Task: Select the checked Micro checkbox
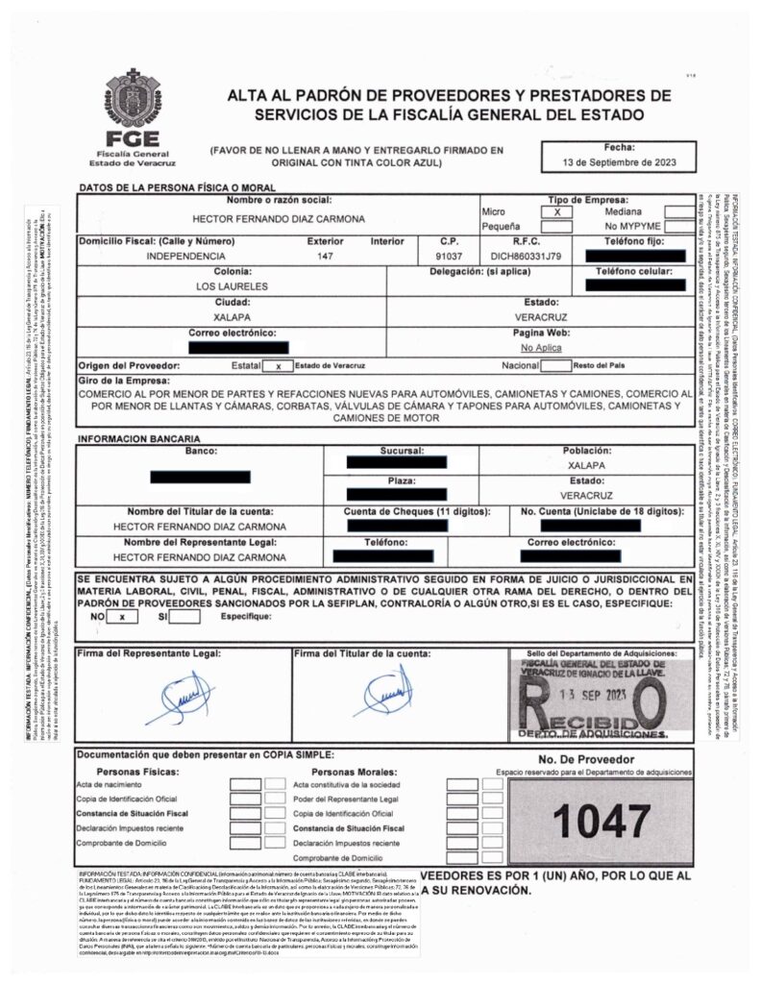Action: click(x=556, y=210)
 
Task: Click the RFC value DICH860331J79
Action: click(x=519, y=257)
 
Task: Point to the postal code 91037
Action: click(x=450, y=257)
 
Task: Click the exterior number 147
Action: click(x=325, y=257)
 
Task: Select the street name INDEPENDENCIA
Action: click(x=186, y=257)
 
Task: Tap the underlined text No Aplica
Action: click(x=541, y=347)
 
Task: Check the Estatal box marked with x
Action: click(x=277, y=366)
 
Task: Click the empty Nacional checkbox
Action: click(x=555, y=366)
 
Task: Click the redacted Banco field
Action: click(x=201, y=476)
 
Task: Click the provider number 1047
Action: click(x=602, y=820)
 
